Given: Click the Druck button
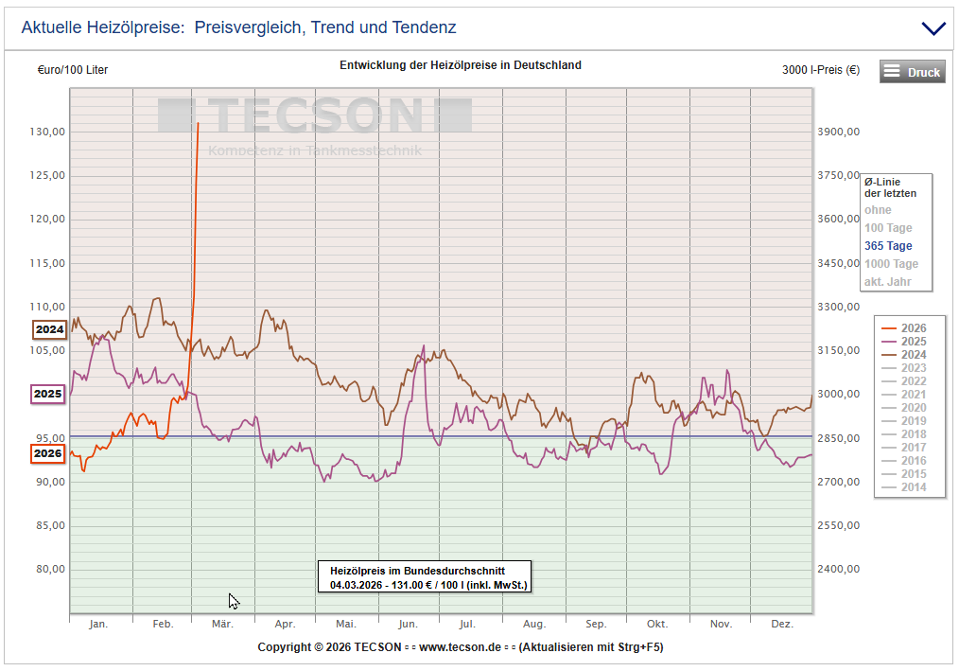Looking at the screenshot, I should (x=912, y=72).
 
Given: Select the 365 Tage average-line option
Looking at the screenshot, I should (x=888, y=246).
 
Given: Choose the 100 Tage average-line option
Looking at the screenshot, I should (x=888, y=228).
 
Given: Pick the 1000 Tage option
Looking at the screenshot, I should (x=891, y=264).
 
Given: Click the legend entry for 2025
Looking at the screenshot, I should (x=913, y=342).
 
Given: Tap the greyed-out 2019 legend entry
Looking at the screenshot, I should (x=913, y=421).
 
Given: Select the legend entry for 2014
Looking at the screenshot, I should (x=913, y=487).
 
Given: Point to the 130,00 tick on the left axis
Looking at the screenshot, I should (x=47, y=132).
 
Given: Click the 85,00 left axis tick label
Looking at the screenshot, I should (x=47, y=526).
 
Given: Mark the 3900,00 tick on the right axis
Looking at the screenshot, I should (x=839, y=132).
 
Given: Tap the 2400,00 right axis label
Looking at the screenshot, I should (x=839, y=570).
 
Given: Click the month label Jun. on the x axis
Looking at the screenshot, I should (x=408, y=625).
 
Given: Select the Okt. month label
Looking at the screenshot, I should (x=656, y=625).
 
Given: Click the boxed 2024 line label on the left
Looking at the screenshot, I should (x=49, y=330).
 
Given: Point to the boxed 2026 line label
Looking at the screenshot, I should (x=48, y=453).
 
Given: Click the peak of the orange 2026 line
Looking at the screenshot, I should (x=198, y=124).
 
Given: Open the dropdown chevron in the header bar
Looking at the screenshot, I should (x=933, y=28).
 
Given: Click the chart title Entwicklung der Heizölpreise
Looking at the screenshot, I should (x=460, y=65).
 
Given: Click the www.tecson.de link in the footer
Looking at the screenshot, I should (x=460, y=647).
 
